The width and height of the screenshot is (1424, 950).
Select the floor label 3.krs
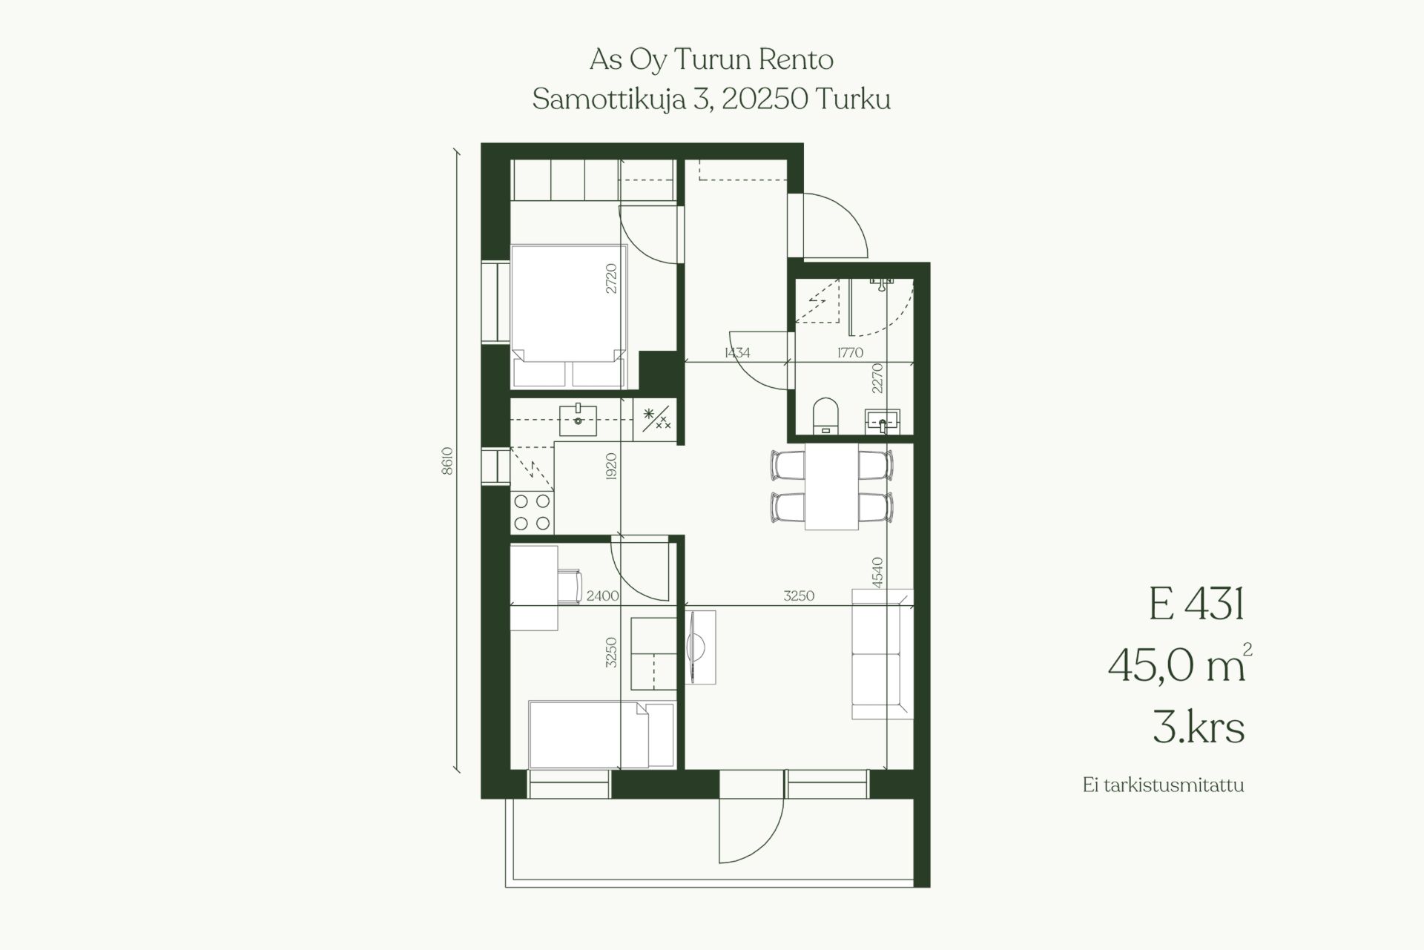[1199, 726]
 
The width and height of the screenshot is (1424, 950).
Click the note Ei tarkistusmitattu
[1163, 785]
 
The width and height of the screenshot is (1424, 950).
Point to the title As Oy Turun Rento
[711, 59]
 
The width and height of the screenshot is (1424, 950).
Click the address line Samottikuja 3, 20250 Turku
[711, 99]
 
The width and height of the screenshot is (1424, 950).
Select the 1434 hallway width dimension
[737, 353]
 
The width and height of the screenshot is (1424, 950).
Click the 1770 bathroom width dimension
[850, 353]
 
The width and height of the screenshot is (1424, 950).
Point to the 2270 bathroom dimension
[877, 377]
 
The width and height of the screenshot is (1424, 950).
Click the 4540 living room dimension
[877, 573]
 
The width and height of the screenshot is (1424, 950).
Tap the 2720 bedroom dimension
[611, 279]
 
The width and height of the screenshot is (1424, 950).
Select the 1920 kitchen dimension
[611, 466]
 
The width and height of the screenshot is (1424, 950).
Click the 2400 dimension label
[602, 596]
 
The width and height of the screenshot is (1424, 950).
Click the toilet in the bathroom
[825, 415]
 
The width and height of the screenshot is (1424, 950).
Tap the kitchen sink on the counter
[578, 420]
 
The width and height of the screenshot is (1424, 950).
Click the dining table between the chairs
[831, 486]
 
